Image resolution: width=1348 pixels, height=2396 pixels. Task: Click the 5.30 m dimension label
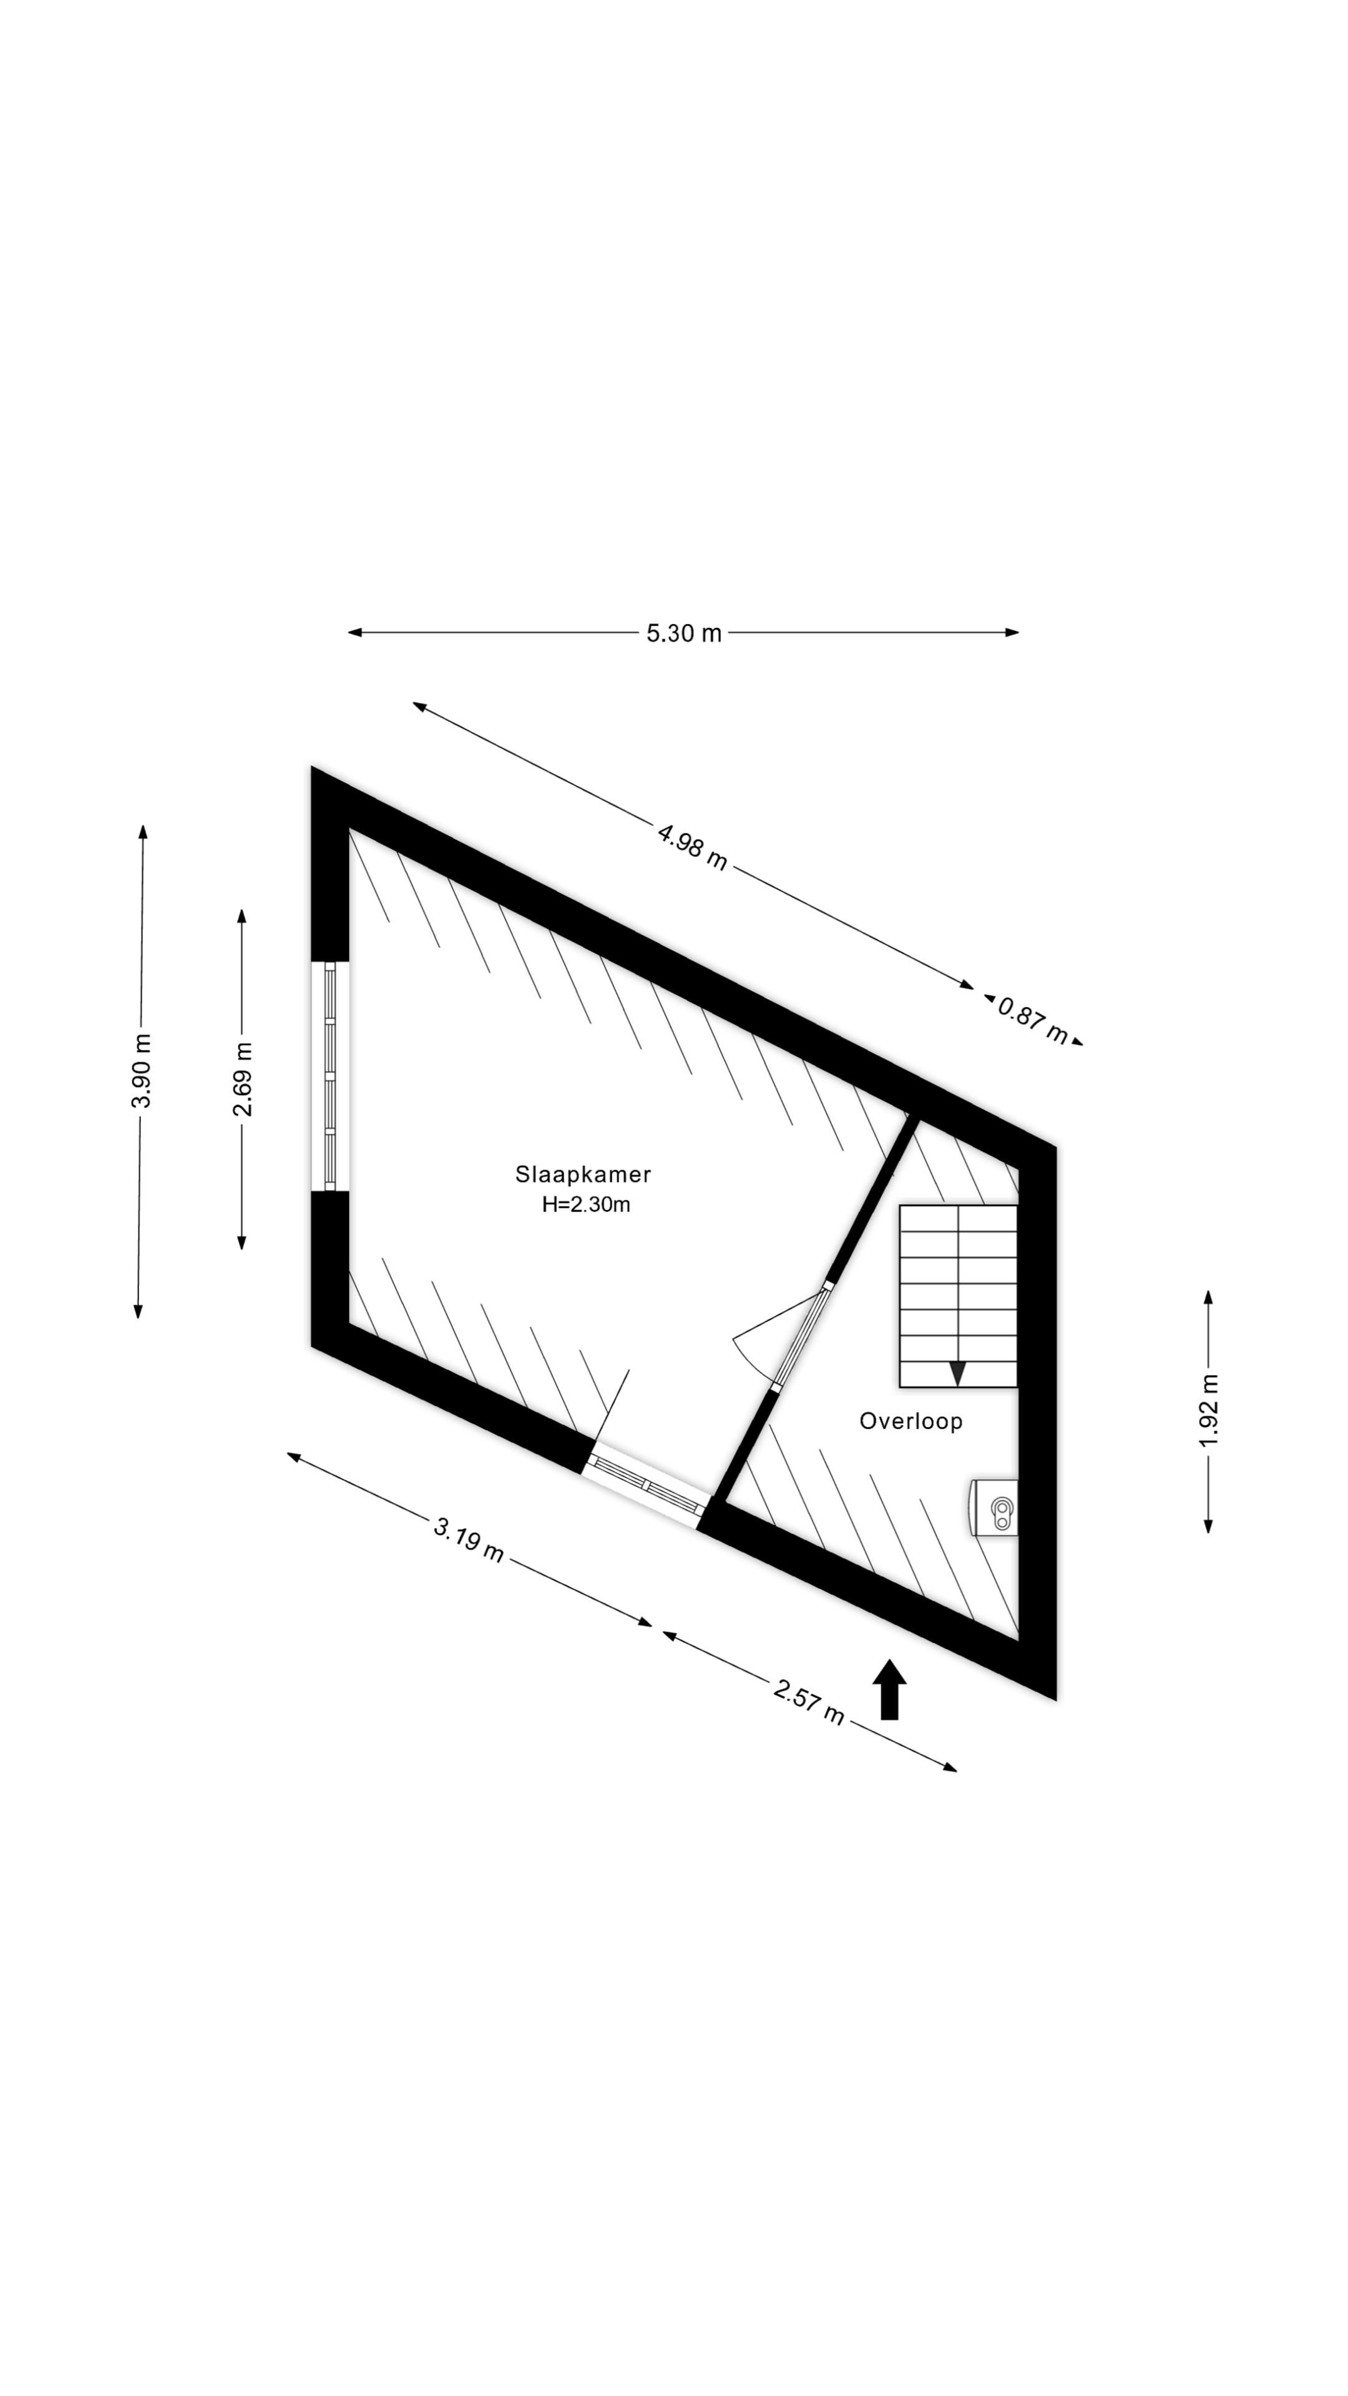click(684, 633)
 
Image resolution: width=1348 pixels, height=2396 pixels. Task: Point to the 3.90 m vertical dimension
click(142, 1071)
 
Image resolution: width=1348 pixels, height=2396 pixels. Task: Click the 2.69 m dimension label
click(243, 1079)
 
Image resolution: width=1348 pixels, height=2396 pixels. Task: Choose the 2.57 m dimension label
click(808, 1702)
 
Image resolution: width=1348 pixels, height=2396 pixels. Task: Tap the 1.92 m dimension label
click(1208, 1411)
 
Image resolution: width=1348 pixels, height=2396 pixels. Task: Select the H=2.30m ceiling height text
click(586, 1204)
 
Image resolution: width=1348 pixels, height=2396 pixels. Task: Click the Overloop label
click(911, 1421)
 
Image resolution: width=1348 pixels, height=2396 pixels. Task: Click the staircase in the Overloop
click(958, 1297)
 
